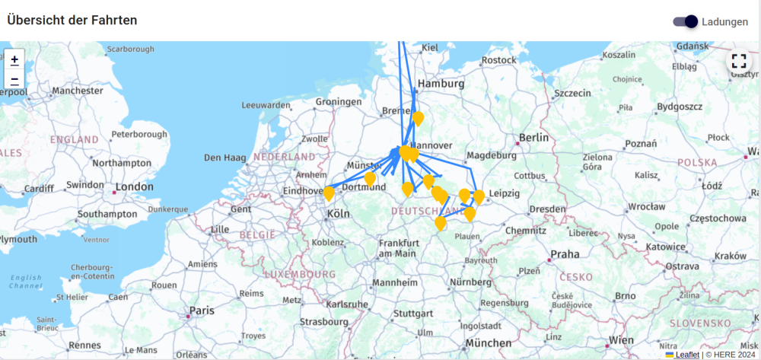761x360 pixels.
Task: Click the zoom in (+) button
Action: tap(14, 59)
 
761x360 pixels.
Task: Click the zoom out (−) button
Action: tap(14, 79)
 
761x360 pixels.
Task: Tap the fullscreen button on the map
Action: tap(738, 61)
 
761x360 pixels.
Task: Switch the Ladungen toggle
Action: tap(686, 21)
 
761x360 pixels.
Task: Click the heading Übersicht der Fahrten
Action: tap(72, 21)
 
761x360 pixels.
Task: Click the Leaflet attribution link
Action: tap(687, 354)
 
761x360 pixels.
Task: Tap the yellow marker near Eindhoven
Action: tap(329, 193)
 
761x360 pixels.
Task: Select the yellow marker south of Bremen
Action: tap(418, 118)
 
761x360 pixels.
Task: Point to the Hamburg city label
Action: tap(441, 84)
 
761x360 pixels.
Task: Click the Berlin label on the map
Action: tap(533, 138)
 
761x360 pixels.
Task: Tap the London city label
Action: tap(134, 187)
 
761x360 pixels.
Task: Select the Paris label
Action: tap(202, 311)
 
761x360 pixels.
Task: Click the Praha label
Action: tap(565, 254)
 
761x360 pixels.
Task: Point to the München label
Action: tap(489, 343)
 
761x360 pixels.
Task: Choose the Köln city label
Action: tap(338, 215)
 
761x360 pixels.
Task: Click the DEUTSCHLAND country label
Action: tap(428, 210)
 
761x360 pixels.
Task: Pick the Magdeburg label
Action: tap(490, 155)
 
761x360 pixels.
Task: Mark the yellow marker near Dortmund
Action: tap(370, 179)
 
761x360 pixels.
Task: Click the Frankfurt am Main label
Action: tap(397, 247)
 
